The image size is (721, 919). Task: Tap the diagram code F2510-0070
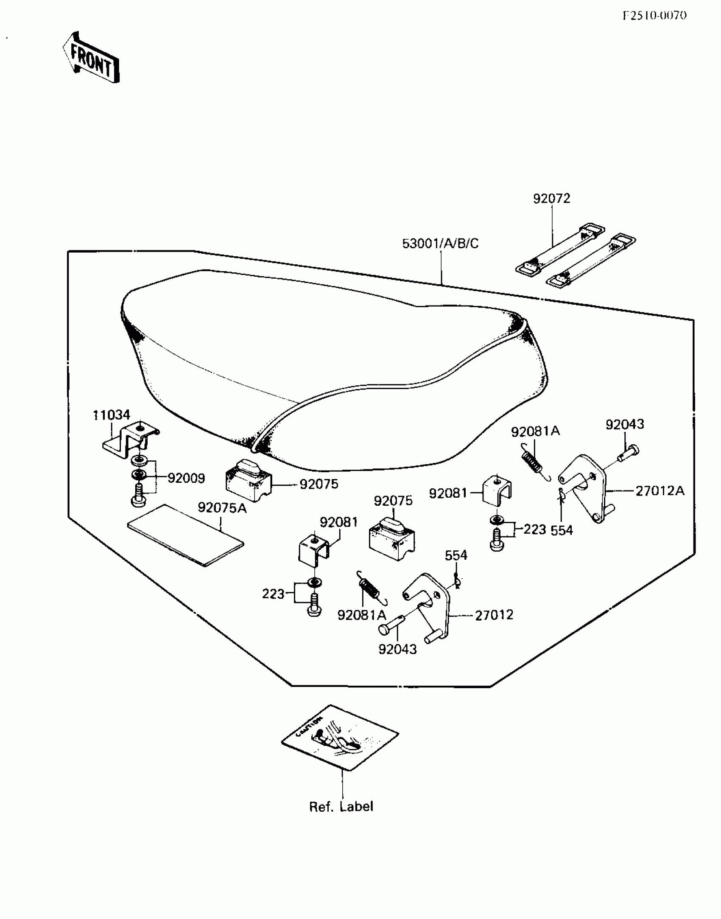(x=655, y=16)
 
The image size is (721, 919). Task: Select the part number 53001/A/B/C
(x=440, y=244)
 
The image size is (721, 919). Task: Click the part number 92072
(x=551, y=199)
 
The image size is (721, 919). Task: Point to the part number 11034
(x=112, y=415)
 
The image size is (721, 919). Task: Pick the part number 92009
(x=186, y=478)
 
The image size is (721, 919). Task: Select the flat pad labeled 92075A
(x=186, y=535)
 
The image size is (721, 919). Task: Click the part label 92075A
(x=222, y=507)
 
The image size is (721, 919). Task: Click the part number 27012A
(x=660, y=491)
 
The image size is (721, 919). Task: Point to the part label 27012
(x=494, y=615)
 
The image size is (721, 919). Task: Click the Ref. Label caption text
(x=341, y=807)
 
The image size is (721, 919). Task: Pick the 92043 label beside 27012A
(x=624, y=424)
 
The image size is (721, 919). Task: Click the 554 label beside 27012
(x=456, y=555)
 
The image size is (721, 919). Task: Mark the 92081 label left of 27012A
(x=448, y=493)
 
